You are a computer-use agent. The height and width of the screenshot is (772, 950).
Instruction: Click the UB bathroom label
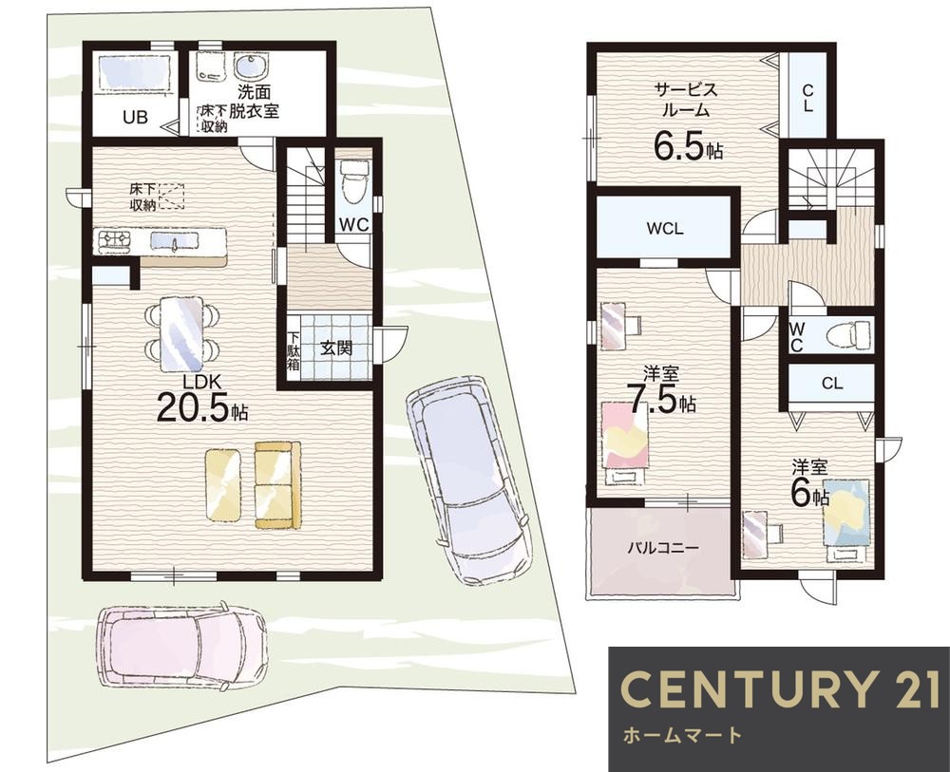[x=135, y=116]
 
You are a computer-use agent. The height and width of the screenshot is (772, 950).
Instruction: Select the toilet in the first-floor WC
[x=353, y=177]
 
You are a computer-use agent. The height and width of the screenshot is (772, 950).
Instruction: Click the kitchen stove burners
[x=113, y=240]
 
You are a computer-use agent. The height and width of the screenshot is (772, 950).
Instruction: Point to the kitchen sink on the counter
[x=176, y=241]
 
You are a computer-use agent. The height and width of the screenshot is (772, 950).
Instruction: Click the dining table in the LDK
[x=181, y=335]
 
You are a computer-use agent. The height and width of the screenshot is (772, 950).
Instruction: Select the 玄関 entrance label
[x=336, y=348]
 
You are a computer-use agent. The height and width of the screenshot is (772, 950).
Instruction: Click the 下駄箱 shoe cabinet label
[x=294, y=350]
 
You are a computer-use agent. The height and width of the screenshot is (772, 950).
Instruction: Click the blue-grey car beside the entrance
[x=467, y=479]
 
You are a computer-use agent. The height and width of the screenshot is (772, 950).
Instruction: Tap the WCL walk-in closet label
[x=665, y=229]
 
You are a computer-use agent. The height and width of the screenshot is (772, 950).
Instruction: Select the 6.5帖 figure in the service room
[x=688, y=146]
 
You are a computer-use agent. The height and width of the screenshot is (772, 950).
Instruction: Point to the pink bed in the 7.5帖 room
[x=625, y=443]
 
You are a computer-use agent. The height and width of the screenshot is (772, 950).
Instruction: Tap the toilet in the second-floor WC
[x=854, y=334]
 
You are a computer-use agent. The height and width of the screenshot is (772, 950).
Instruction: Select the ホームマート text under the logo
[x=682, y=735]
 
